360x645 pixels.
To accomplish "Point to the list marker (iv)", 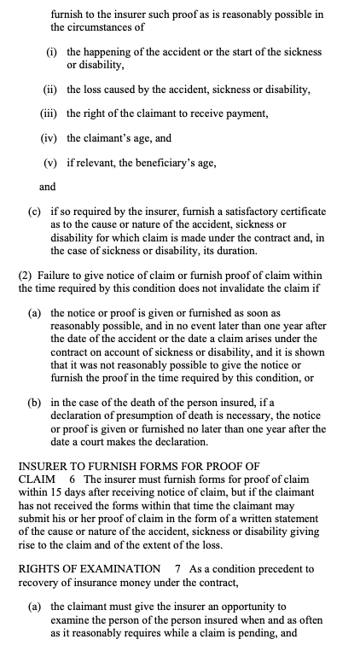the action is [x=51, y=137].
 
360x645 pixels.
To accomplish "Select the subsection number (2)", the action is [x=25, y=276].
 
